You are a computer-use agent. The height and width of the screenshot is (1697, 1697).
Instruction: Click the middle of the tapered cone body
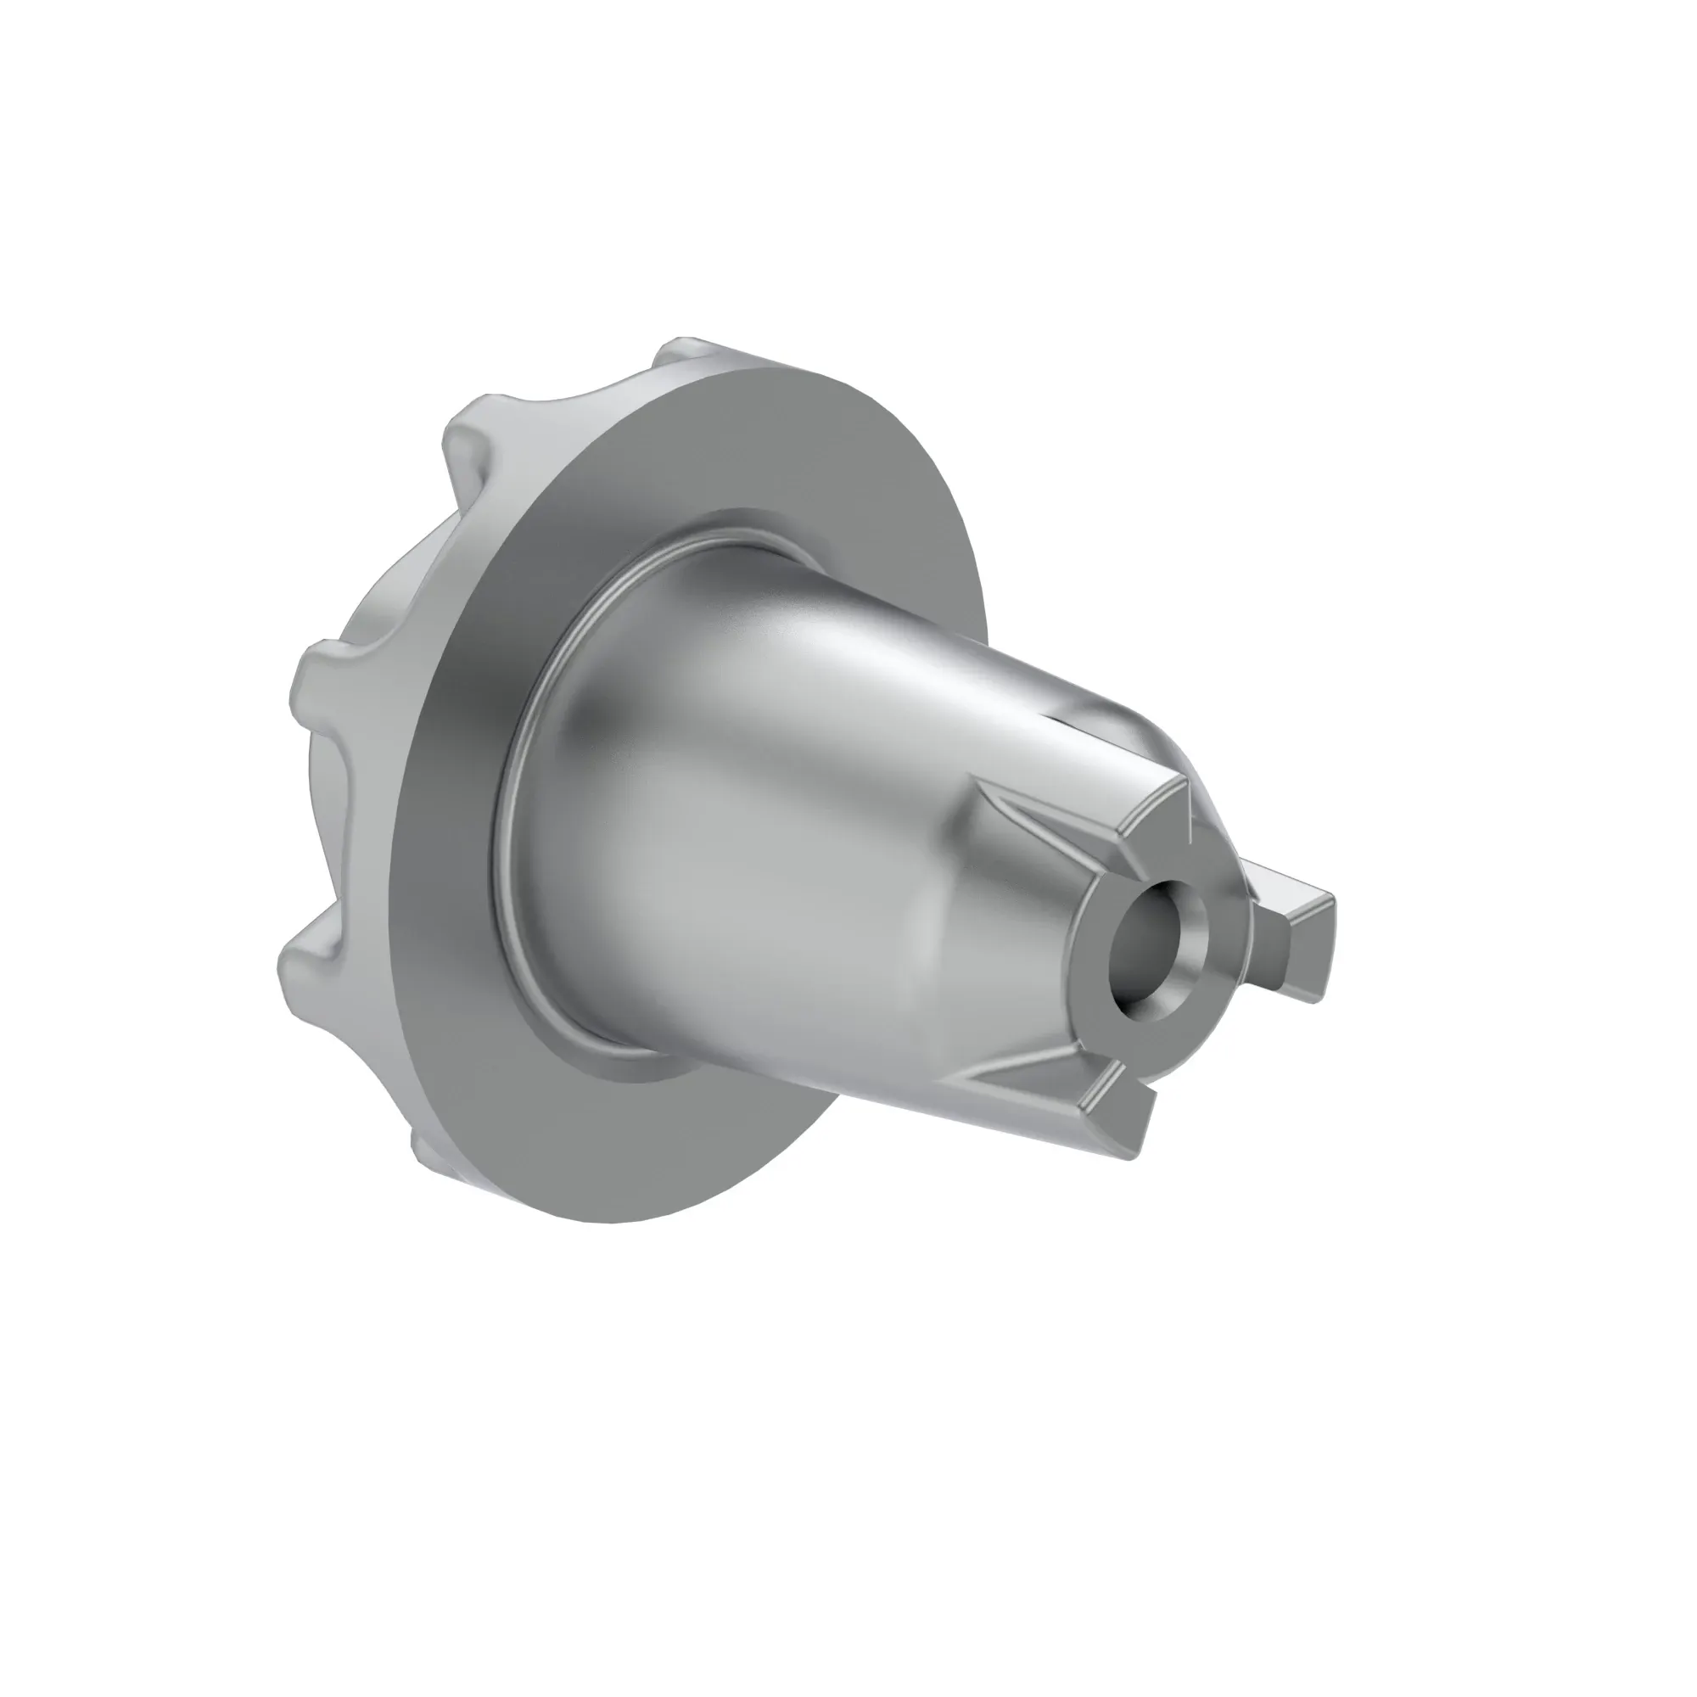pyautogui.click(x=791, y=834)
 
